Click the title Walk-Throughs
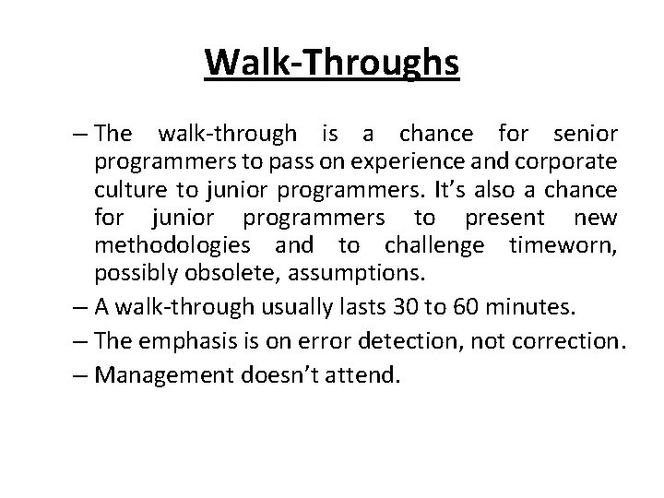[x=332, y=62]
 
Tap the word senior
[x=587, y=134]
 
